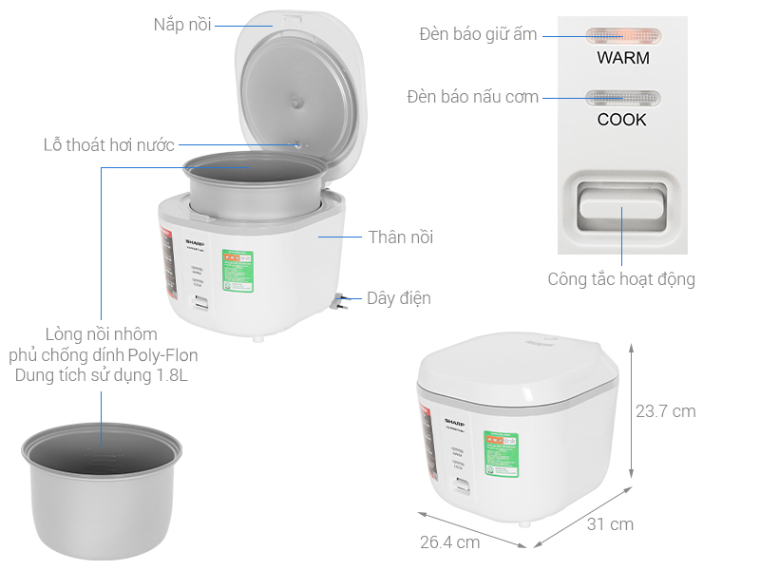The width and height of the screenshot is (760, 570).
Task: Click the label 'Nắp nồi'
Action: click(182, 24)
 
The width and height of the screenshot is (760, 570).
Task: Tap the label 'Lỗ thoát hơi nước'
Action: click(109, 145)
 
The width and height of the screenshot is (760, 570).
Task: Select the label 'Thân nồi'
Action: click(400, 237)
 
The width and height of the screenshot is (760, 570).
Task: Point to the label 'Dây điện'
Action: click(399, 298)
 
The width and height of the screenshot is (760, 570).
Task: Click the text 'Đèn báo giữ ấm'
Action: click(478, 35)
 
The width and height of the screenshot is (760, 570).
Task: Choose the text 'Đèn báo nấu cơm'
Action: click(472, 97)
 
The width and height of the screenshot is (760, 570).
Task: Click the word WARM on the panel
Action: click(623, 58)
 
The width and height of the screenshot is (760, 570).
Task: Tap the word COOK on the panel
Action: click(622, 120)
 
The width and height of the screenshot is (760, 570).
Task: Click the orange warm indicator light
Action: click(622, 36)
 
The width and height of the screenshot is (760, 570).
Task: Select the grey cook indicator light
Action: click(622, 97)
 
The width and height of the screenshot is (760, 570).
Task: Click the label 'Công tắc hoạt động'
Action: click(621, 279)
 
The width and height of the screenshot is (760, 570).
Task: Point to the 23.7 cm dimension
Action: click(665, 411)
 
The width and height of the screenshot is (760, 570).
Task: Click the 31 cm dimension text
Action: click(609, 523)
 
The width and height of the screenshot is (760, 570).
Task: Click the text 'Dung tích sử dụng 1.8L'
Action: click(102, 376)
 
